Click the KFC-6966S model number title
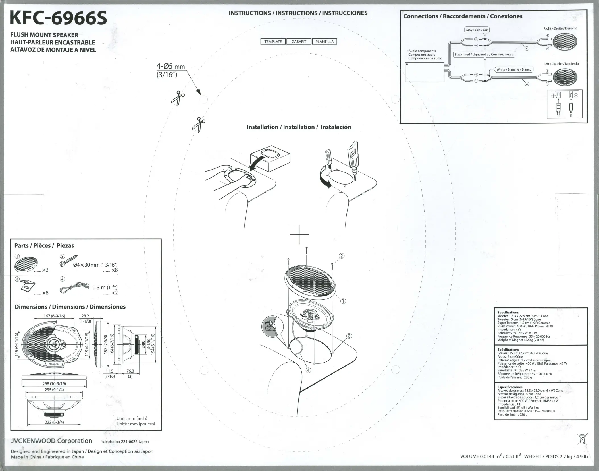[x=58, y=18]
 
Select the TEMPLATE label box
[x=273, y=42]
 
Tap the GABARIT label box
[x=299, y=42]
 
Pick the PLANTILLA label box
[x=325, y=42]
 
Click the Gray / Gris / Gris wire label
[x=477, y=30]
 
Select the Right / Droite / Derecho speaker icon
[x=565, y=42]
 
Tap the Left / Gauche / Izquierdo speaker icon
[x=565, y=77]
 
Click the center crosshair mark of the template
[x=299, y=235]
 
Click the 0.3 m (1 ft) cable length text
[x=105, y=287]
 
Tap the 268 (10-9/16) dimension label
[x=54, y=384]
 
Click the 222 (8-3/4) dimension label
[x=54, y=422]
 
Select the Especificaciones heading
[x=510, y=387]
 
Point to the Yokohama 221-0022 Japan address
[x=125, y=442]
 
